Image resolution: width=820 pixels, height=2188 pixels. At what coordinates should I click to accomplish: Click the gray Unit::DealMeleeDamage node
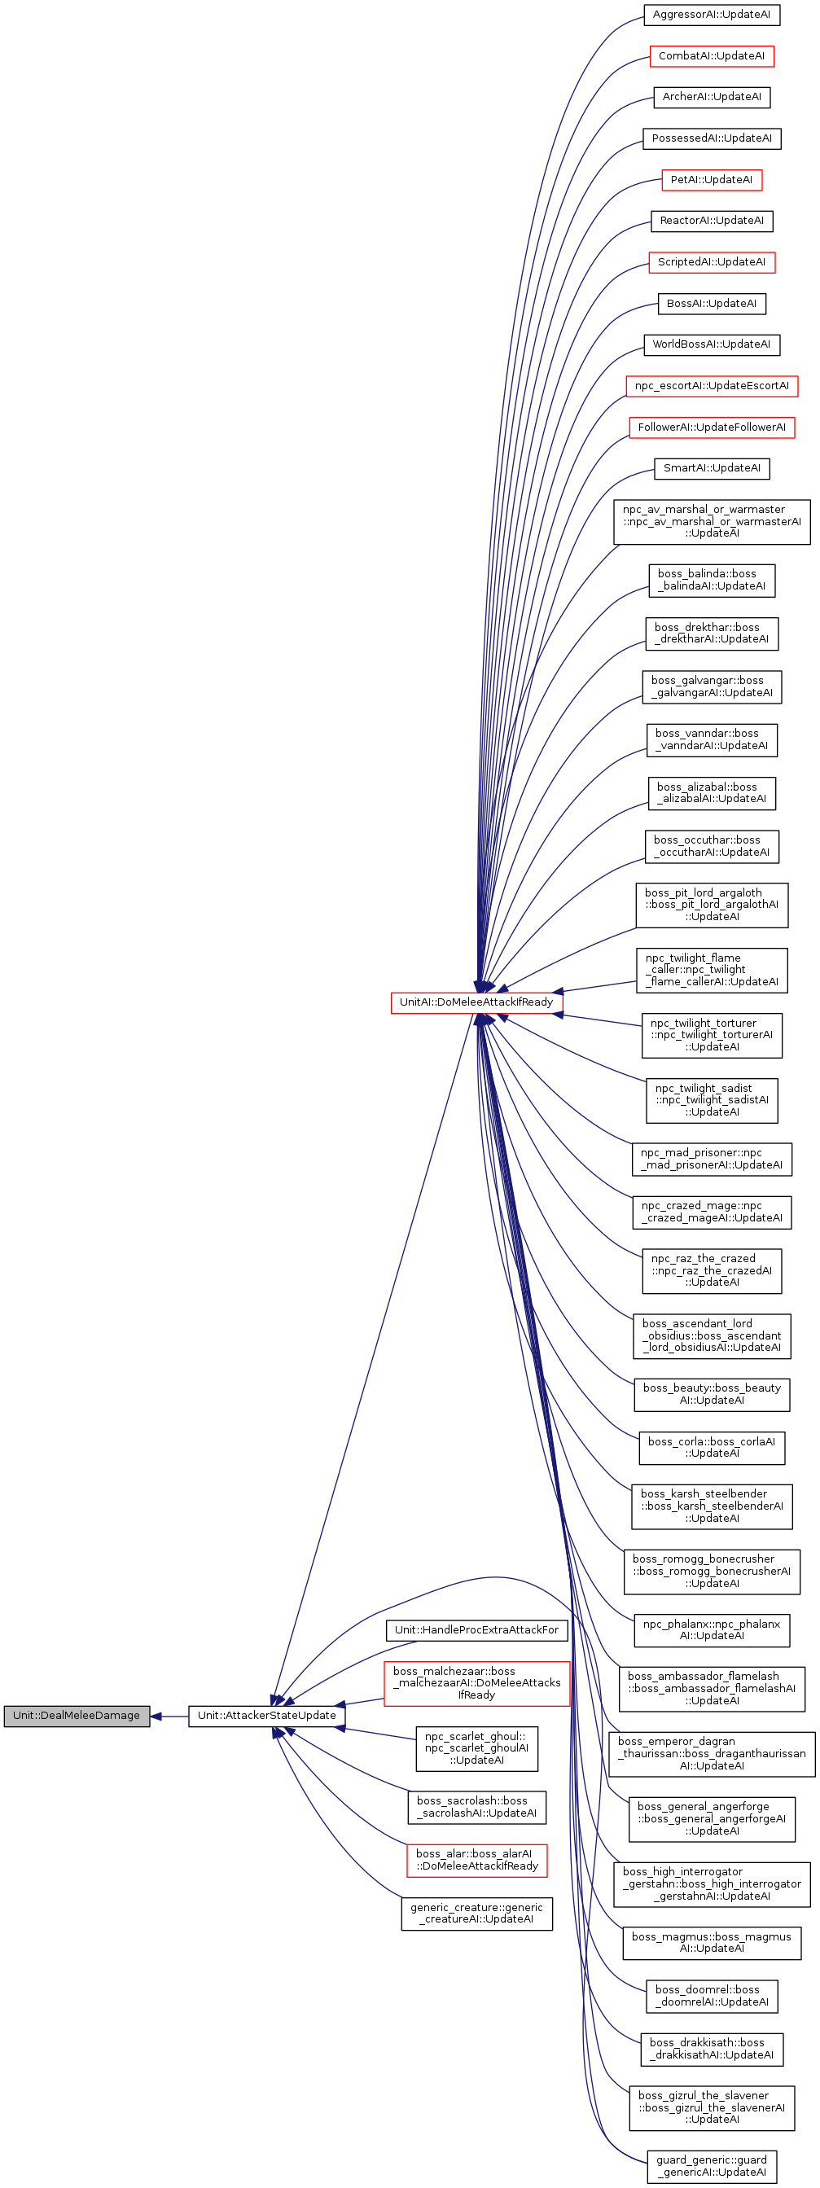pyautogui.click(x=77, y=1715)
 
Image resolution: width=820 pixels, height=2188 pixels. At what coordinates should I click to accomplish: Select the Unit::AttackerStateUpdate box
pyautogui.click(x=267, y=1715)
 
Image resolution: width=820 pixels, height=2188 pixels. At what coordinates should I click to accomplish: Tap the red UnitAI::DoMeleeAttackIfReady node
pyautogui.click(x=476, y=1002)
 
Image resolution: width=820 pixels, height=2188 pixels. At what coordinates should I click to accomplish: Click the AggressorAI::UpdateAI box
pyautogui.click(x=711, y=15)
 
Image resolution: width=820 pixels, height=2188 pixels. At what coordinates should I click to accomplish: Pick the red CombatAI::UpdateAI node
pyautogui.click(x=711, y=56)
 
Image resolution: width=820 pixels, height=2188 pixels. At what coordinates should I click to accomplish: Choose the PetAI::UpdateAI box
pyautogui.click(x=711, y=180)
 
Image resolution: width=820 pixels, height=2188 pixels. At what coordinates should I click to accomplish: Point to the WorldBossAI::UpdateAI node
pyautogui.click(x=711, y=344)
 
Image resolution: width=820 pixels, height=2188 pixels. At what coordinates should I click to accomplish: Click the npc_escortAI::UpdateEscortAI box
pyautogui.click(x=711, y=386)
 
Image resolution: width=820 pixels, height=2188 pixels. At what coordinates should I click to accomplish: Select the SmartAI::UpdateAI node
pyautogui.click(x=711, y=468)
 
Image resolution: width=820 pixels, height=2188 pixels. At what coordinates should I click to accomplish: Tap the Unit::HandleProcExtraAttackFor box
pyautogui.click(x=476, y=1629)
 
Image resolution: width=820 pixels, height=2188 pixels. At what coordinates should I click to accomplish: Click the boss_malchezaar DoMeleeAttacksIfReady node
pyautogui.click(x=476, y=1682)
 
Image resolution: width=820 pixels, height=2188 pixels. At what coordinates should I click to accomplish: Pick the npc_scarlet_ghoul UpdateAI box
pyautogui.click(x=476, y=1748)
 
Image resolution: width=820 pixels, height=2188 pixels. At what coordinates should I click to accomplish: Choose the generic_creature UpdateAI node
pyautogui.click(x=476, y=1913)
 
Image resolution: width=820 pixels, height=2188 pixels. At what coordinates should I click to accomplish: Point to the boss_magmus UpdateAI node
pyautogui.click(x=711, y=1943)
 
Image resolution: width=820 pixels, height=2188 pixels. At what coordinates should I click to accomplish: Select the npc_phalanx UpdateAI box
pyautogui.click(x=711, y=1629)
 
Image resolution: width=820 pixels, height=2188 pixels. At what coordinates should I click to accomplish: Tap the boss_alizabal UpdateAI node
pyautogui.click(x=711, y=792)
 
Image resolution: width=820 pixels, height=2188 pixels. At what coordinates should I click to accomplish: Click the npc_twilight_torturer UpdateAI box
pyautogui.click(x=711, y=1034)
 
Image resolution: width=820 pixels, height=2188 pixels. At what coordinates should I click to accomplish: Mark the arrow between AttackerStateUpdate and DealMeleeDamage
pyautogui.click(x=169, y=1716)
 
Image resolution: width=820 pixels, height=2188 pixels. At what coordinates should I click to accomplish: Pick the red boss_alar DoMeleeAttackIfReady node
pyautogui.click(x=476, y=1859)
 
